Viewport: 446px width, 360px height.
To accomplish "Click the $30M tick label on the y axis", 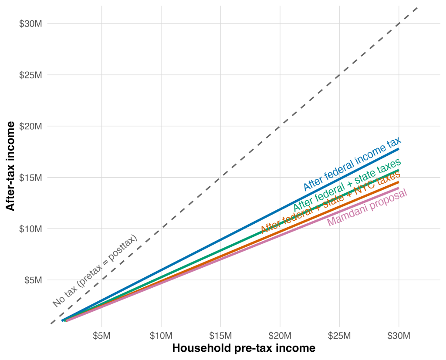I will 30,24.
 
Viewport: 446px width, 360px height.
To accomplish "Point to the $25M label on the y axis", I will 30,75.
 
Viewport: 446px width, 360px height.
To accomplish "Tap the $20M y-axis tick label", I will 30,126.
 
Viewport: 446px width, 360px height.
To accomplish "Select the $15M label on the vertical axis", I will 30,178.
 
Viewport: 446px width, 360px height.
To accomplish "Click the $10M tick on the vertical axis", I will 30,229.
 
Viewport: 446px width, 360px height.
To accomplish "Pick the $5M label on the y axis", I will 33,280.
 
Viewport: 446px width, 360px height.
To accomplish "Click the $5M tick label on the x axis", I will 101,336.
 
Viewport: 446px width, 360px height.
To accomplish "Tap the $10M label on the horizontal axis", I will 161,336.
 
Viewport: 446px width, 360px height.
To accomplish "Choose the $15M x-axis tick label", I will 220,336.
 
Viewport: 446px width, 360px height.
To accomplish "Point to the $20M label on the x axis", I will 280,336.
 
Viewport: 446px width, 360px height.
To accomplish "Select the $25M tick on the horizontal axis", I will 339,336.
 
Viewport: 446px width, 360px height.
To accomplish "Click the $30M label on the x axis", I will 399,336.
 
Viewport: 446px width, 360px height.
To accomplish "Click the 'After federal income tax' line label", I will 352,165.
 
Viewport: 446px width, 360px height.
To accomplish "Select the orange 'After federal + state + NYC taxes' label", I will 330,201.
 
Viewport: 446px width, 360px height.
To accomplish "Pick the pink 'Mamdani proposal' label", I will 367,207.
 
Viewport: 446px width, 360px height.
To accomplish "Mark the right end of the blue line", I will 399,150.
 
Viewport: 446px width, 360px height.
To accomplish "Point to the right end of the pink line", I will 399,188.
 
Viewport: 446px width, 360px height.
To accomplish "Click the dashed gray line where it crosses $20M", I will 280,126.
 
